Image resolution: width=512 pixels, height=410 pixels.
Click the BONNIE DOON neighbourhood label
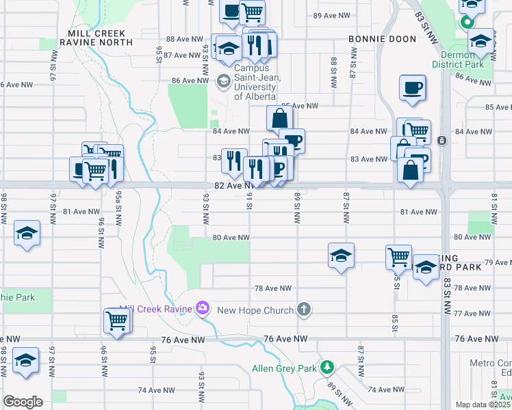click(x=382, y=39)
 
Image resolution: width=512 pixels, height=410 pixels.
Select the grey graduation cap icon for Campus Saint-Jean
click(x=224, y=81)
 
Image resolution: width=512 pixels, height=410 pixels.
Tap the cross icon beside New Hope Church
click(x=304, y=310)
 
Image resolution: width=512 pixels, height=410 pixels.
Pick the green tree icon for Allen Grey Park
click(x=328, y=368)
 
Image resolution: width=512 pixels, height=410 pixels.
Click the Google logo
click(x=23, y=402)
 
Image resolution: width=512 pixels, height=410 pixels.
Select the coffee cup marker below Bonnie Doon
click(x=413, y=88)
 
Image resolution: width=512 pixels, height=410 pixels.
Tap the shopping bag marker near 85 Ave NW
click(x=279, y=119)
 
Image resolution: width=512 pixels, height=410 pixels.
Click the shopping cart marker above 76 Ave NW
click(x=117, y=320)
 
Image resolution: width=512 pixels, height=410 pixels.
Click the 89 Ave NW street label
click(x=331, y=15)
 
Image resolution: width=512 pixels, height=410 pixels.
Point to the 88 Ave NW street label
click(x=185, y=40)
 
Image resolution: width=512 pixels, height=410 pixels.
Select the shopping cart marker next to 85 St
click(x=398, y=258)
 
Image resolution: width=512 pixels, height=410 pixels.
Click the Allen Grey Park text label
click(x=284, y=368)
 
